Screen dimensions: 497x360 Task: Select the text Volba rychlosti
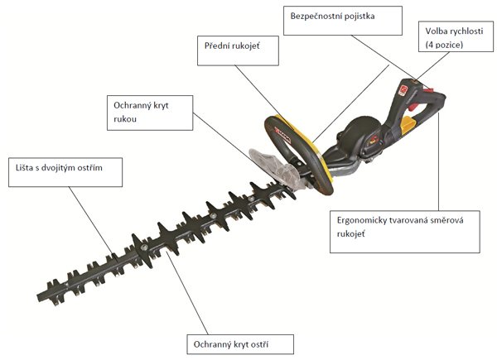[x=454, y=31]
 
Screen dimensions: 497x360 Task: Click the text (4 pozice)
[x=444, y=45]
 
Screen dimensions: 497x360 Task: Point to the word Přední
[x=217, y=46]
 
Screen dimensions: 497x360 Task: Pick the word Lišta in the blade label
[x=24, y=167]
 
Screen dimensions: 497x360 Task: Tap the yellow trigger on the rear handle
[x=408, y=124]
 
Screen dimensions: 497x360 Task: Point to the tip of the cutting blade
[x=37, y=297]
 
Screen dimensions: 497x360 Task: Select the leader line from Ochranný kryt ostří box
[x=187, y=292]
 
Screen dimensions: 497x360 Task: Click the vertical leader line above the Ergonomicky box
[x=439, y=161]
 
